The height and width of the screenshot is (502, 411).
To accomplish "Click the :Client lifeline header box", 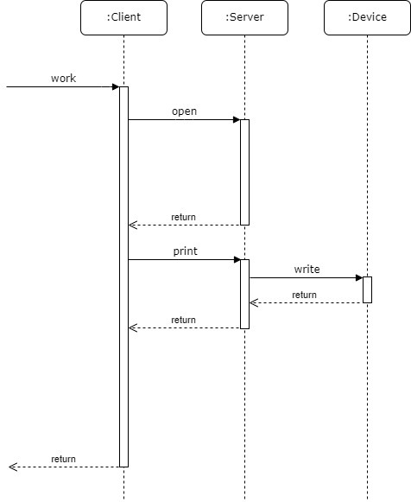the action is click(123, 17).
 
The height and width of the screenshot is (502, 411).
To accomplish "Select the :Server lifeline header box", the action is click(244, 17).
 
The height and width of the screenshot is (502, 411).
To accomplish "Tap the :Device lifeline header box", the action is click(367, 17).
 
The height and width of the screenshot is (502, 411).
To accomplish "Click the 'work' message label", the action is click(63, 78).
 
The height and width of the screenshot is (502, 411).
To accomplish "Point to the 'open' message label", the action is click(184, 111).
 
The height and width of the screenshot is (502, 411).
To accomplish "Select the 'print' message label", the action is click(185, 251).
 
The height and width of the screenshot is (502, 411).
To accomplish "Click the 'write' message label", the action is click(307, 270).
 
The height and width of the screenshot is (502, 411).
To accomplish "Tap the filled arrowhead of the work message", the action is click(116, 86).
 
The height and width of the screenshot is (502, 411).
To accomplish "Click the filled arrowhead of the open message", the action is click(237, 120).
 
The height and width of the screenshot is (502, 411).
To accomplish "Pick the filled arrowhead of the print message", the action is click(237, 260).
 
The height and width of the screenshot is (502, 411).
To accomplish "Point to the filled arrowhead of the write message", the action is click(359, 277).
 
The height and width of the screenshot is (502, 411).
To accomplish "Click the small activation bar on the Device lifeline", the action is click(367, 289).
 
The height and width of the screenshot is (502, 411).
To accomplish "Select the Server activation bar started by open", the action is click(244, 172).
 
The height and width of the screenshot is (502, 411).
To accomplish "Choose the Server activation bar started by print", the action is click(244, 295).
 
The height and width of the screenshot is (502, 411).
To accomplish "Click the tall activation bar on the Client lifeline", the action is click(123, 277).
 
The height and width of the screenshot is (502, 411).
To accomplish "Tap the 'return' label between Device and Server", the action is click(304, 295).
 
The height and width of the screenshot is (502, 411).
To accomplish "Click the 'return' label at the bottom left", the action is click(63, 459).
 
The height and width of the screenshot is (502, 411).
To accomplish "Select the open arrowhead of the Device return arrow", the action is click(254, 303).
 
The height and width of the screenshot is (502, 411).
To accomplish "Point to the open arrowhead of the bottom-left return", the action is click(13, 467).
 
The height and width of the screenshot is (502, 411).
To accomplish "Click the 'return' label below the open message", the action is click(183, 217).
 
